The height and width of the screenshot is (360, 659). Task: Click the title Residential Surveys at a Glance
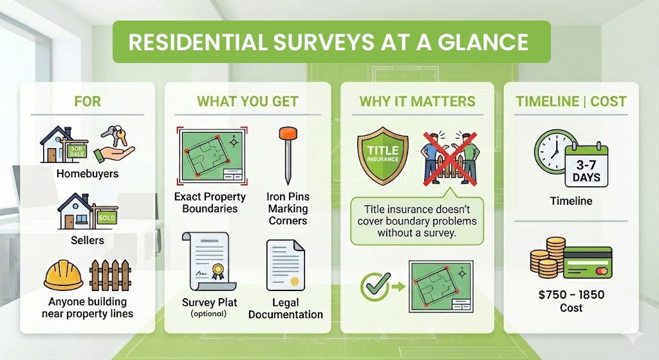[x=328, y=42]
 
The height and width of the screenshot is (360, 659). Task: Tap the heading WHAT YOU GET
[x=247, y=102]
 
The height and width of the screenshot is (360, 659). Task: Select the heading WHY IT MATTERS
[x=417, y=102]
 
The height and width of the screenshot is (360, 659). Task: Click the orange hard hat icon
[x=63, y=276]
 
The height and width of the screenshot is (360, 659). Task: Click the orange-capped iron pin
[x=284, y=155]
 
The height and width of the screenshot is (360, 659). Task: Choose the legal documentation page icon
[x=285, y=265]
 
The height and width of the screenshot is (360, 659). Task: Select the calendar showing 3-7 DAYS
[x=586, y=166]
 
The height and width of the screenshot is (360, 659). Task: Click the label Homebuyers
[x=88, y=174]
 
